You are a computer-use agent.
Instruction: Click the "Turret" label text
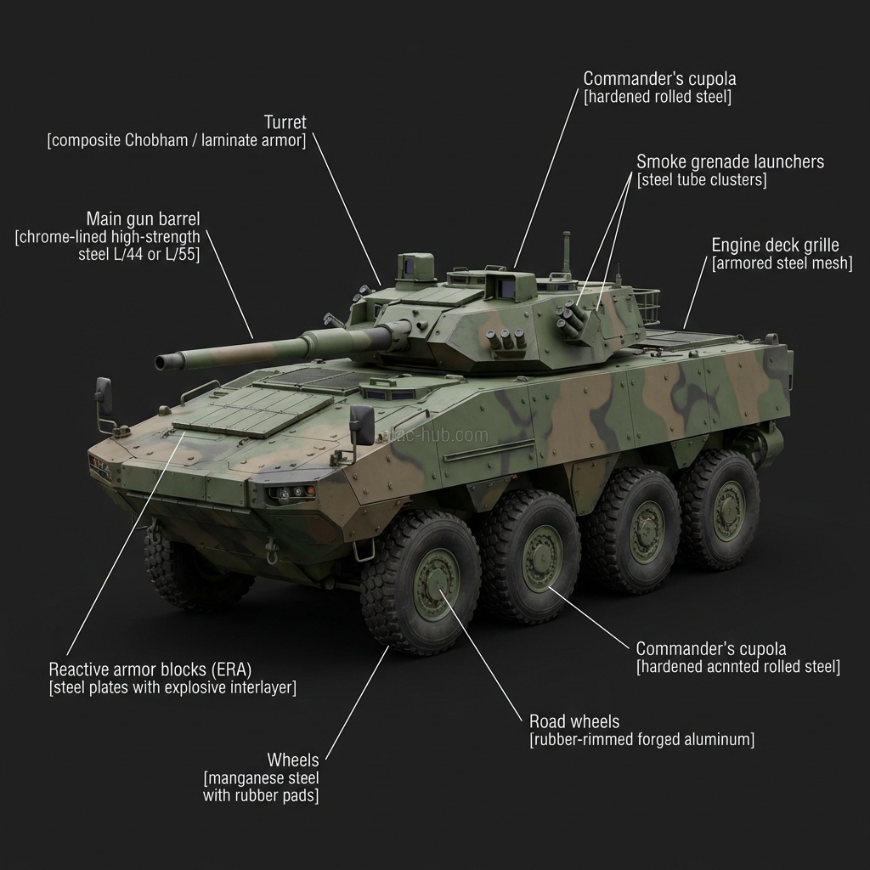coord(285,122)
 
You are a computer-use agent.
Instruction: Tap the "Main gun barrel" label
coord(143,218)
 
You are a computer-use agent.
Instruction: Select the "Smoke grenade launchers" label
coord(730,161)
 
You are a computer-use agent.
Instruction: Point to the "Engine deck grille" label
coord(775,245)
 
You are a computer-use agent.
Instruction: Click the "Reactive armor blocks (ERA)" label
coord(150,669)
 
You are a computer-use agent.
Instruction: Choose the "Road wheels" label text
coord(574,721)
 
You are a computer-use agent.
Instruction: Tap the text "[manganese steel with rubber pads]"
coord(261,786)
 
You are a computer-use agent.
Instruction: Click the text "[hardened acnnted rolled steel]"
coord(738,666)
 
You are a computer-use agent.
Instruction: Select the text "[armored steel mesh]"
coord(782,263)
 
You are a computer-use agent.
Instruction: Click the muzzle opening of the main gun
coord(161,363)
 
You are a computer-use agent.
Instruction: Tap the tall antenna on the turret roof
coord(567,252)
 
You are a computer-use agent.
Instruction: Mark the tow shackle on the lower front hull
coord(272,551)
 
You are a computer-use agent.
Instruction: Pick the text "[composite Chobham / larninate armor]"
coord(177,140)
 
